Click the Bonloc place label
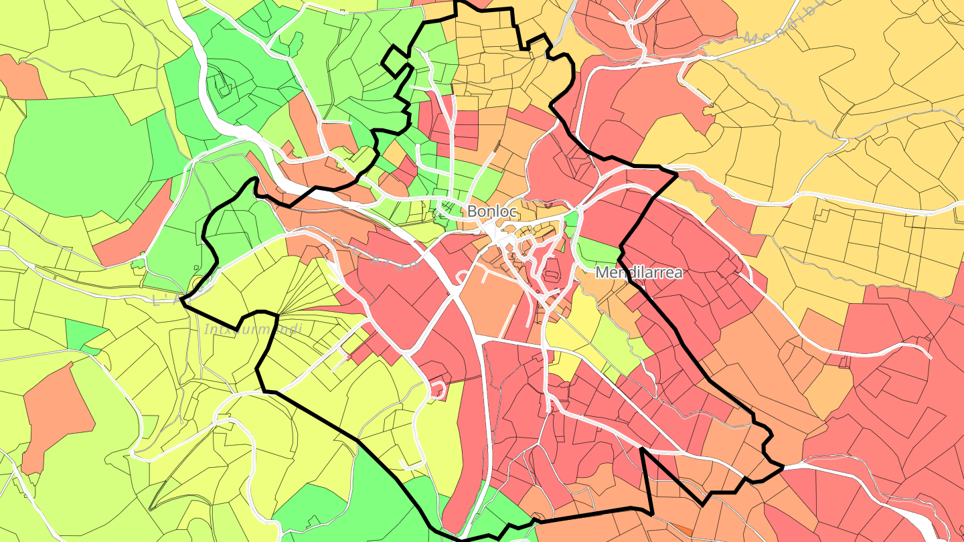[492, 211]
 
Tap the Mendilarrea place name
[639, 273]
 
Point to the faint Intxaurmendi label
[253, 329]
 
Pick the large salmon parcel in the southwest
[57, 415]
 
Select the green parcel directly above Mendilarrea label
[598, 251]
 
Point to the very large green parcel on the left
[80, 161]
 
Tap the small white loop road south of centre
[438, 389]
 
